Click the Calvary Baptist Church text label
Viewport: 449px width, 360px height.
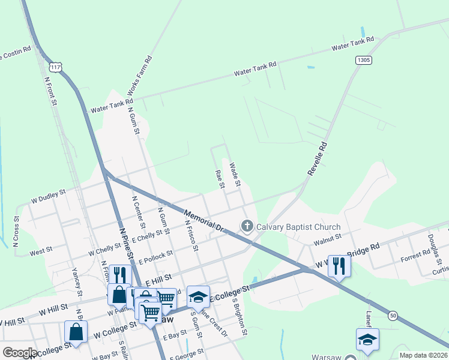pos(298,227)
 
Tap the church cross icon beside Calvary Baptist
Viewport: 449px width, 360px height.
pos(247,226)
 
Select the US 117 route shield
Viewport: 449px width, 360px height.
pos(56,67)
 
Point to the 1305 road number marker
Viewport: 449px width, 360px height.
pos(363,60)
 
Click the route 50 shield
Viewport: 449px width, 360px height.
pos(393,315)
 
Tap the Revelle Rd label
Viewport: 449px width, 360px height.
pos(317,158)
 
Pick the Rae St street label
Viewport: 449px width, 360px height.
pos(219,179)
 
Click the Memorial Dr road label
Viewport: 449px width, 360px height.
pos(203,220)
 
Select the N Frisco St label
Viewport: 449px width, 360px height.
pos(191,235)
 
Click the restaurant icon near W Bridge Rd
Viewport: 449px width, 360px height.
pos(339,265)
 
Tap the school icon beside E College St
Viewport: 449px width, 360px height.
pos(198,296)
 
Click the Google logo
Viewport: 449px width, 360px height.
pos(20,353)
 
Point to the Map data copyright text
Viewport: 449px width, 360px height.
pos(424,355)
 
